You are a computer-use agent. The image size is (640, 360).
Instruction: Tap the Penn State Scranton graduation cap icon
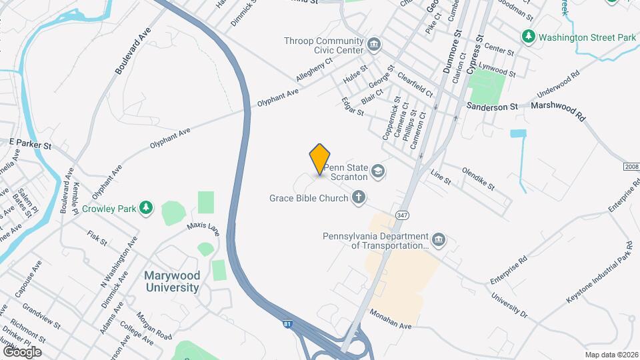pos(379,173)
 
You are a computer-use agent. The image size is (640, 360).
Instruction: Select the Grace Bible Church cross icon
pos(359,197)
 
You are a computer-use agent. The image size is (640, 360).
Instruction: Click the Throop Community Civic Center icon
pos(373,45)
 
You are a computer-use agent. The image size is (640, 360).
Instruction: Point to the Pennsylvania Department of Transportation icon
pos(439,239)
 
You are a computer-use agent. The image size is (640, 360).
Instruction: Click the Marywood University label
pos(172,281)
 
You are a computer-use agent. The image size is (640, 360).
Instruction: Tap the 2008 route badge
pos(631,166)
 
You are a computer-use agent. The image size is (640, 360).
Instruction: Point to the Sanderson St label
pos(492,107)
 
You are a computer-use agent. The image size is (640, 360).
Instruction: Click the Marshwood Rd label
pos(557,109)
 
